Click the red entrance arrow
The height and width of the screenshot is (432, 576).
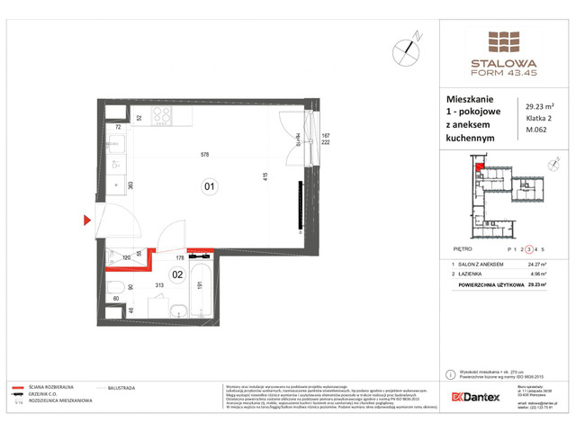[87, 219]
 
